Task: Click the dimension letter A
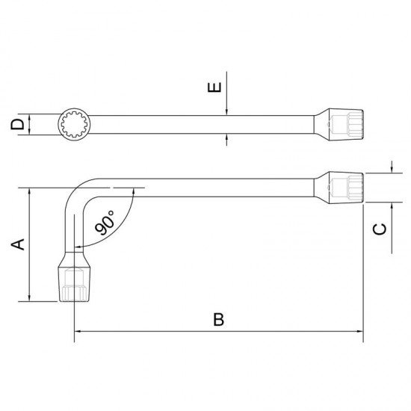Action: pos(20,244)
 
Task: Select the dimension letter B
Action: pos(218,319)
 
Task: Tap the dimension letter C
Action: pos(380,229)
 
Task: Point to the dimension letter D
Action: pos(18,124)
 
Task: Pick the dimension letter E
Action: pos(214,87)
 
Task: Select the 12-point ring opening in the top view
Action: pos(73,124)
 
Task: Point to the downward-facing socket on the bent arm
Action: pos(74,282)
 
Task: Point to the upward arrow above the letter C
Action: pos(391,205)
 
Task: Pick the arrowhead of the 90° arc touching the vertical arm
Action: pos(79,244)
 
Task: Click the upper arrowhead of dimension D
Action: pos(31,117)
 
